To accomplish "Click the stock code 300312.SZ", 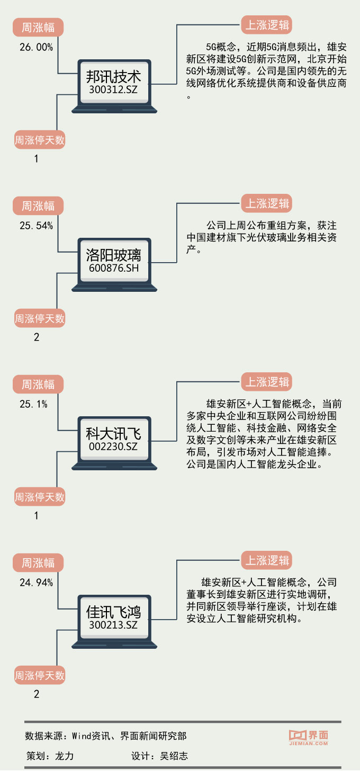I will coord(114,90).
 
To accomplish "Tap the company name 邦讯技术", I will coord(114,76).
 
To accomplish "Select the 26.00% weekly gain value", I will coord(37,47).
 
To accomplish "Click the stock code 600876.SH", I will coord(114,269).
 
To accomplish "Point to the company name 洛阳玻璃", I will coord(114,255).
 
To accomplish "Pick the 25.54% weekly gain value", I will coord(37,226).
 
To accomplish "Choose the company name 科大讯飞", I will coord(114,434).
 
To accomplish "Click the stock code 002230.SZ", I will coord(114,448).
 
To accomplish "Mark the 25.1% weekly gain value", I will coord(34,405).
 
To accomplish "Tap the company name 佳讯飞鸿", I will coord(114,613).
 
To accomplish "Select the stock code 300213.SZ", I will coord(114,626).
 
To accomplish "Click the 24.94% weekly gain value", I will coord(37,583).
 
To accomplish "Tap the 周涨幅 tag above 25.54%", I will coord(38,205).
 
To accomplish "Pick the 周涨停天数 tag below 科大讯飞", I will coord(39,497).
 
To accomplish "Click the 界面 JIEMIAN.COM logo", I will coord(309,738).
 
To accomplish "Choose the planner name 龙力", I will coord(64,756).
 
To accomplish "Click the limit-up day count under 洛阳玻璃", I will coord(37,337).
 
